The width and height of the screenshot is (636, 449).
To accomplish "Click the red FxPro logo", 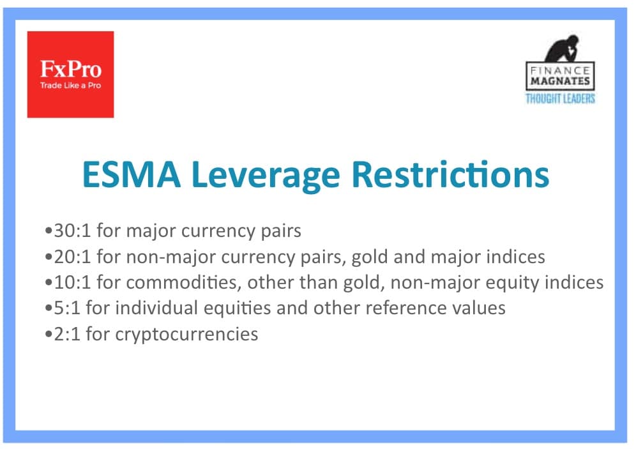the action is click(x=71, y=74).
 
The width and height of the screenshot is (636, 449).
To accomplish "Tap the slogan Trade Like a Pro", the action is click(x=71, y=85).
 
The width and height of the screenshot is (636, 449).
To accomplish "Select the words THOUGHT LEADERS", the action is click(x=560, y=98).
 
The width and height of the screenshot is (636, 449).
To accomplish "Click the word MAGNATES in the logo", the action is click(x=560, y=80).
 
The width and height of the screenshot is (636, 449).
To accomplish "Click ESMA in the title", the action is click(x=132, y=174).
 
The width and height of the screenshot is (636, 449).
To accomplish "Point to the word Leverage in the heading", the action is click(x=266, y=176).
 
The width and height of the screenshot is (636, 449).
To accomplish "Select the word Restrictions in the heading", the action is click(x=450, y=174).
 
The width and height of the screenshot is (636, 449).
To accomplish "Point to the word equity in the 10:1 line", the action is click(x=512, y=284).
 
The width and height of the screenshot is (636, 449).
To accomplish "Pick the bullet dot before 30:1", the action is click(x=49, y=231).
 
